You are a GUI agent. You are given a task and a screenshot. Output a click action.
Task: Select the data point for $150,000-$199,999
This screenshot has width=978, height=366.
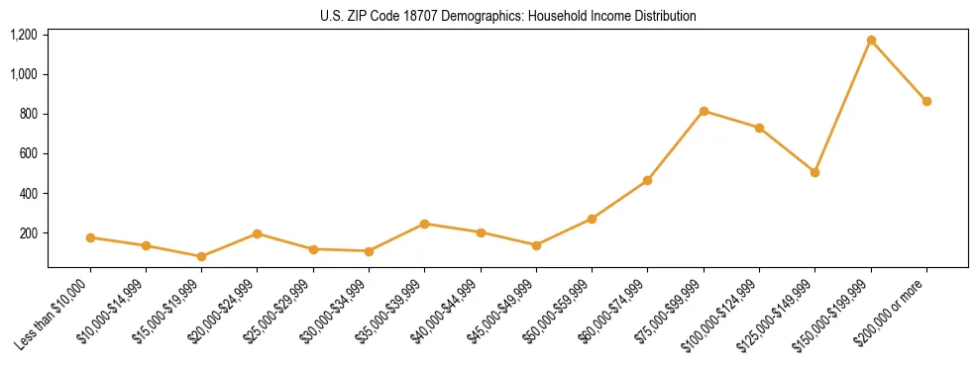pyautogui.click(x=871, y=41)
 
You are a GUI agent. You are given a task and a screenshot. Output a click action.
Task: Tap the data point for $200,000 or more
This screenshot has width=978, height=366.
pyautogui.click(x=926, y=101)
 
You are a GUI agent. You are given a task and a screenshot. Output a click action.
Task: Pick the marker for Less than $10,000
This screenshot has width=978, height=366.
pyautogui.click(x=90, y=237)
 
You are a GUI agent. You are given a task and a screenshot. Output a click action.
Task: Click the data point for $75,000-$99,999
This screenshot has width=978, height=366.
pyautogui.click(x=704, y=111)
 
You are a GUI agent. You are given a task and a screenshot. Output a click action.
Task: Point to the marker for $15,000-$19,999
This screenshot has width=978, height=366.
pyautogui.click(x=201, y=256)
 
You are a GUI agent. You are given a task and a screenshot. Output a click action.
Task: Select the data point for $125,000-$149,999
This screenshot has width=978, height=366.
pyautogui.click(x=815, y=172)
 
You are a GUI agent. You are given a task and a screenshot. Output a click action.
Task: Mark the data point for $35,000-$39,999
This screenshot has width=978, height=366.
pyautogui.click(x=424, y=224)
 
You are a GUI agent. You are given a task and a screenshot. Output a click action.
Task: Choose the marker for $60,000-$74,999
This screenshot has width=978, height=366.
pyautogui.click(x=647, y=180)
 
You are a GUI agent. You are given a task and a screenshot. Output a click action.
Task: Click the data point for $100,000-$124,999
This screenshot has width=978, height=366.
pyautogui.click(x=759, y=128)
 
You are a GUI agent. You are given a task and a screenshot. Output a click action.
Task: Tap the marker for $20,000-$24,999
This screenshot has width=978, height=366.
pyautogui.click(x=257, y=233)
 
